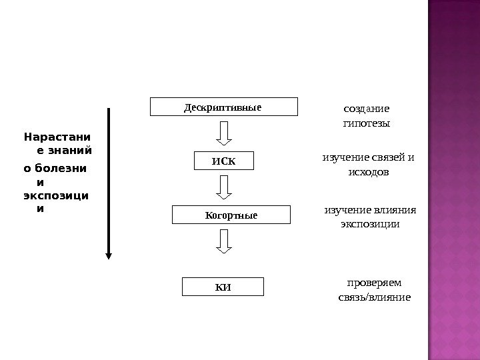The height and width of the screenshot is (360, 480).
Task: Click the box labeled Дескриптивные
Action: point(223,107)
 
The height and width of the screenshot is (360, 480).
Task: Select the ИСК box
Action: point(224,161)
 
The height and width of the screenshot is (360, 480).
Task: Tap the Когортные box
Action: point(231,215)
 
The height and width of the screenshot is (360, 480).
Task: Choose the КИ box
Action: point(223,287)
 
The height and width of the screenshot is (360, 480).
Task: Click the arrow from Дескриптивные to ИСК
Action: point(225,133)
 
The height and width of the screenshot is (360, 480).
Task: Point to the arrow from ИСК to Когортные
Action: point(225,187)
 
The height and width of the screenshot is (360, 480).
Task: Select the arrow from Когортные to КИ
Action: point(225,241)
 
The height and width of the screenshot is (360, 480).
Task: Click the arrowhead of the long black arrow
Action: point(109,254)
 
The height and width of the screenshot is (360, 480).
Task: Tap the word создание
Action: point(366,108)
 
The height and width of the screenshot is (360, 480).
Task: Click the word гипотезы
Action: point(366,123)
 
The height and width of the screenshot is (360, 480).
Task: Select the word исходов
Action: point(369,172)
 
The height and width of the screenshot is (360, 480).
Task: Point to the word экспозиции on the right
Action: point(370,224)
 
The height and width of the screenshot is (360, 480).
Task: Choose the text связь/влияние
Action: point(375,297)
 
